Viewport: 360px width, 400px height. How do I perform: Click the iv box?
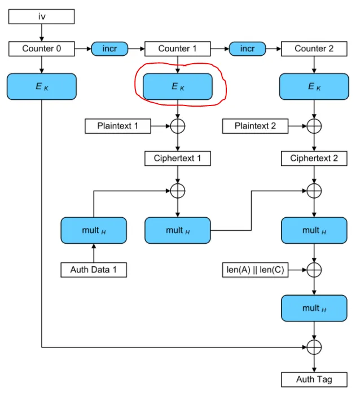(x=41, y=17)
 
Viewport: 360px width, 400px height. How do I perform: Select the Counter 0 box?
(x=41, y=49)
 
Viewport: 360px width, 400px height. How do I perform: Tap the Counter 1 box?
(x=177, y=49)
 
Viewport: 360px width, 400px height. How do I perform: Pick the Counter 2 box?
(x=314, y=49)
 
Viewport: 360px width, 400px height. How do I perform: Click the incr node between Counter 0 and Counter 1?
(x=110, y=49)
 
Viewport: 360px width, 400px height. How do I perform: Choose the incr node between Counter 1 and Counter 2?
(x=247, y=49)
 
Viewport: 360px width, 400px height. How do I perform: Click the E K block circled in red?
(x=177, y=86)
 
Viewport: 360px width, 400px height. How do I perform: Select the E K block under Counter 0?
(x=41, y=86)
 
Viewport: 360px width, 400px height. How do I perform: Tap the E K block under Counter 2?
(x=314, y=86)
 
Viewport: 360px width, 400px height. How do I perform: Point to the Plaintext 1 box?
(x=118, y=126)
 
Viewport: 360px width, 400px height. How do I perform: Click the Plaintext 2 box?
(x=255, y=126)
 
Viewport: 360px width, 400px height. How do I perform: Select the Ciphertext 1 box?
(x=177, y=159)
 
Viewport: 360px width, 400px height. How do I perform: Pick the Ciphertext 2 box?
(x=314, y=159)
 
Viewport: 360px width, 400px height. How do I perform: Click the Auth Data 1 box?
(x=93, y=270)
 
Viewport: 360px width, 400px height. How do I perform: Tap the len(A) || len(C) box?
(x=255, y=270)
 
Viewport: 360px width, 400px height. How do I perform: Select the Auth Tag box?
(x=314, y=379)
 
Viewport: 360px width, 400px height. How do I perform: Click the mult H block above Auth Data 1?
(x=93, y=230)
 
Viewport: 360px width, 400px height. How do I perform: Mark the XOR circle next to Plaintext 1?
(x=178, y=126)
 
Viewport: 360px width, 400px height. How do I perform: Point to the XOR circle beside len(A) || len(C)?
(x=314, y=270)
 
